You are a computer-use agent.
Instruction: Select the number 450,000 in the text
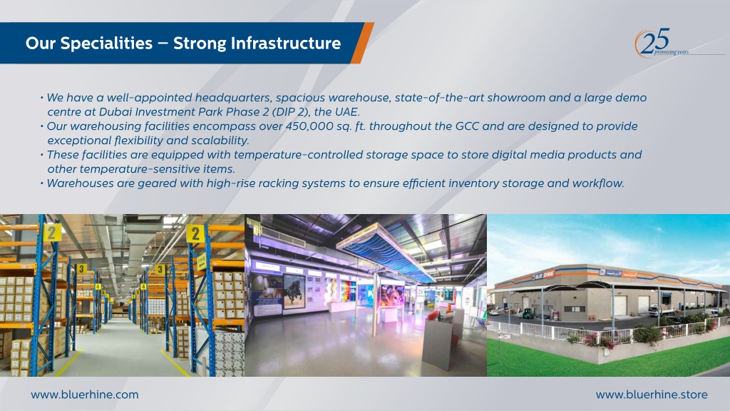(x=309, y=126)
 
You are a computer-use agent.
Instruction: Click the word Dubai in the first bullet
(x=116, y=112)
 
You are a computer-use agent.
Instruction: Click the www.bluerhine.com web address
(x=85, y=395)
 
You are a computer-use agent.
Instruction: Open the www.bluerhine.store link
(x=652, y=395)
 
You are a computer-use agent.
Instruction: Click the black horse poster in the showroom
(x=294, y=291)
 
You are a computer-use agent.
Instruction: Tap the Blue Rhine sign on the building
(x=543, y=275)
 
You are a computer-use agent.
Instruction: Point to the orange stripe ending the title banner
(x=362, y=43)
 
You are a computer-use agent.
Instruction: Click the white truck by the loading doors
(x=656, y=310)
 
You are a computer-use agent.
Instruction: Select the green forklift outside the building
(x=528, y=314)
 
